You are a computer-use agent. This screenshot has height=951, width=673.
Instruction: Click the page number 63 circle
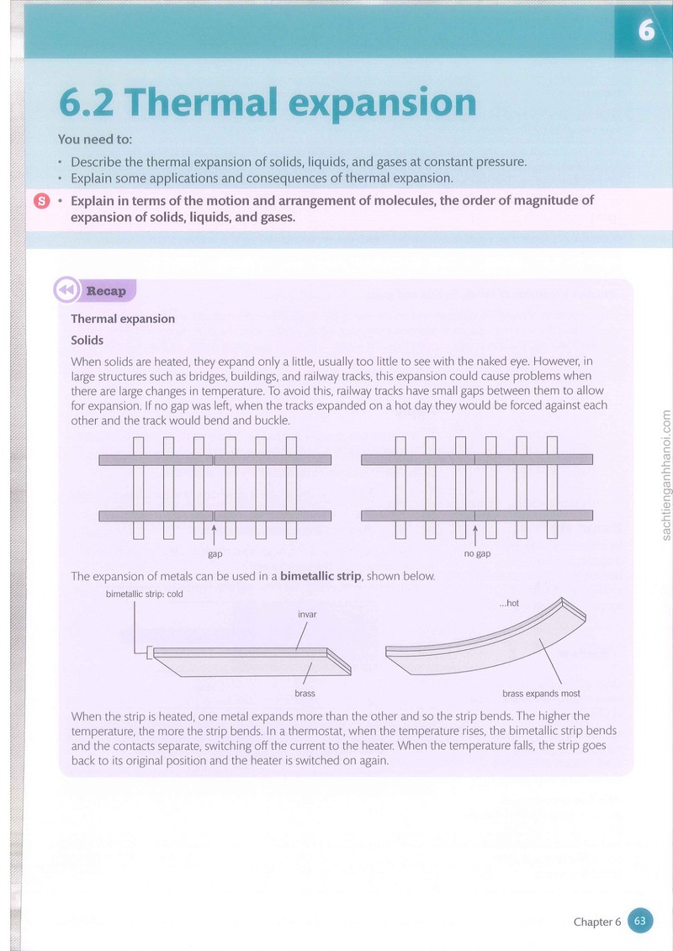click(x=639, y=921)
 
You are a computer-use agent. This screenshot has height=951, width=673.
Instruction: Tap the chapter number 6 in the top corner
click(x=646, y=29)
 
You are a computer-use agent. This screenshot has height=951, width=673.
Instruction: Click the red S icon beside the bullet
click(x=41, y=201)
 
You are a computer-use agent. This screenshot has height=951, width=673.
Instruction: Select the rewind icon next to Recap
click(x=66, y=290)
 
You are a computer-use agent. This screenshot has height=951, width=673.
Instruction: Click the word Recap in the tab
click(x=106, y=291)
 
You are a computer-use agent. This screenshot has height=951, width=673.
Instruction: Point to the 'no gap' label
click(x=477, y=554)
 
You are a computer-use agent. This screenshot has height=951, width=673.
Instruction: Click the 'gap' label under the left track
click(x=215, y=554)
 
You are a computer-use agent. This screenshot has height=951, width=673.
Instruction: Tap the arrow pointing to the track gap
click(x=214, y=534)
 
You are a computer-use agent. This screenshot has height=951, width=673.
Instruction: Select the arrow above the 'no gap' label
click(x=475, y=534)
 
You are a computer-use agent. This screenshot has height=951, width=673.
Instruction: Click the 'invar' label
click(x=307, y=615)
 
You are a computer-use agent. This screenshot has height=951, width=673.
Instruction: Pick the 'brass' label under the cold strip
click(x=305, y=693)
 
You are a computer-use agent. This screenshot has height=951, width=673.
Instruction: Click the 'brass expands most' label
click(x=541, y=693)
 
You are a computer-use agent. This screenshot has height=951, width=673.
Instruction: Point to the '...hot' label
click(x=509, y=603)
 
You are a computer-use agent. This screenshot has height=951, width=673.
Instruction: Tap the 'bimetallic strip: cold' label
click(x=145, y=594)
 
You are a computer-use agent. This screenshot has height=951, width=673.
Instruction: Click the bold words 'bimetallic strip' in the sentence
click(x=321, y=576)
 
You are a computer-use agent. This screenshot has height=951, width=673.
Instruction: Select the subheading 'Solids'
click(x=87, y=341)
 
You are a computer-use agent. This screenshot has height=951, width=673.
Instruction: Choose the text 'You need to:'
click(x=95, y=139)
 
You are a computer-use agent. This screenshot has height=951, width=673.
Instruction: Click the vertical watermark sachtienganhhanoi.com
click(x=665, y=475)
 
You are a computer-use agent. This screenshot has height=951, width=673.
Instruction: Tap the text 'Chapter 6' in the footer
click(x=597, y=922)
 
